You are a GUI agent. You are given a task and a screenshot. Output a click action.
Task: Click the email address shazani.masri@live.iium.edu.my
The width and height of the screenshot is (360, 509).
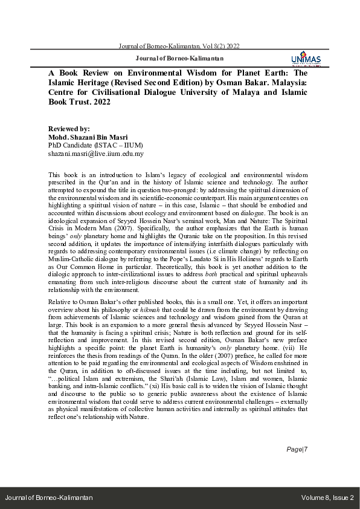[95, 154]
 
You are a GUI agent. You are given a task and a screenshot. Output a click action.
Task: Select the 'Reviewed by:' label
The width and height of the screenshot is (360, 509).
[69, 129]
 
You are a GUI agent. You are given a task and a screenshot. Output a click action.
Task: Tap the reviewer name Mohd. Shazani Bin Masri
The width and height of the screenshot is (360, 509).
[92, 137]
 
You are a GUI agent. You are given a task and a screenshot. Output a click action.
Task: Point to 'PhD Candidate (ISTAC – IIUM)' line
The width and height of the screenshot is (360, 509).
[91, 146]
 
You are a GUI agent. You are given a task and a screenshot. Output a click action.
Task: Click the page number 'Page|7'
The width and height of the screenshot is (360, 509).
[297, 466]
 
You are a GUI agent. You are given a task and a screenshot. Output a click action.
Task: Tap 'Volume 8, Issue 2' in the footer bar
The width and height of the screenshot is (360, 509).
[327, 498]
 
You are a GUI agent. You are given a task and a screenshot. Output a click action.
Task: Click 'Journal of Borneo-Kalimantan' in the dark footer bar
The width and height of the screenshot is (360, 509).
[49, 498]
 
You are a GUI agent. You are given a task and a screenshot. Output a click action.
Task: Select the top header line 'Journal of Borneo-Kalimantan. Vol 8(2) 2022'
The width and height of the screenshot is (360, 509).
[179, 46]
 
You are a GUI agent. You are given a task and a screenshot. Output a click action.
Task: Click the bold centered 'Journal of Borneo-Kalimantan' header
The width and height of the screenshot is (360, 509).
[179, 59]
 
